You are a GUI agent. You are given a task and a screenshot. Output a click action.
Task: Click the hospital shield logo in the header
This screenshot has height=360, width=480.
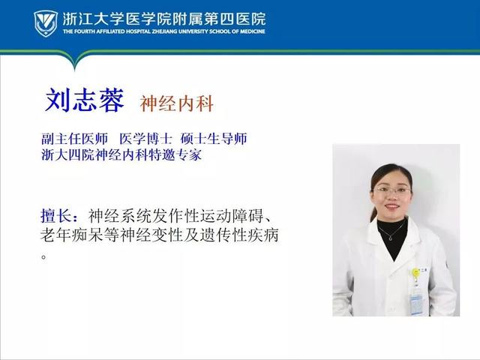[46, 23]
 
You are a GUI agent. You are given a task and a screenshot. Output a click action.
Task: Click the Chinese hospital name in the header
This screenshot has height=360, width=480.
[164, 19]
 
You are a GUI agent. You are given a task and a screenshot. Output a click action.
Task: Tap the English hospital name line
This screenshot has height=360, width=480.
[164, 31]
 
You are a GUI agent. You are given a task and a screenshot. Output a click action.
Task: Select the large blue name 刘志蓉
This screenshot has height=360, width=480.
[85, 100]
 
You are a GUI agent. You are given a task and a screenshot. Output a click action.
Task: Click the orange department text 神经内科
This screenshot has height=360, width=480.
[177, 103]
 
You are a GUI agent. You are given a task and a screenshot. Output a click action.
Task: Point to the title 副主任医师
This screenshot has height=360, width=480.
[75, 139]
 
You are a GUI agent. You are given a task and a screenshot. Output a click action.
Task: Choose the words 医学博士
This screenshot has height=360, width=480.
[145, 139]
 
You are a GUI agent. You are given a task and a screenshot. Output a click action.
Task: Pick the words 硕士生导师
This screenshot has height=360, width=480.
[214, 139]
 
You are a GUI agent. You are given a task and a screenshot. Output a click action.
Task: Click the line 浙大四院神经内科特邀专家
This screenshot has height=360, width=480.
[121, 155]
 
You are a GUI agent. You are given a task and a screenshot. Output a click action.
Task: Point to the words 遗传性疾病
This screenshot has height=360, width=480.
[239, 235]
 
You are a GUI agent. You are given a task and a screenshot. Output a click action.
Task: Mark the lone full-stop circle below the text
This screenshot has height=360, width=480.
[43, 256]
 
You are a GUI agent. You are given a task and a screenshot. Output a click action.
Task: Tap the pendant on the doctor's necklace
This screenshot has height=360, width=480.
[391, 238]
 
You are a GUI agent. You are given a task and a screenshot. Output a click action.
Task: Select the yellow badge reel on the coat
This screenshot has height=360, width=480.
[415, 272]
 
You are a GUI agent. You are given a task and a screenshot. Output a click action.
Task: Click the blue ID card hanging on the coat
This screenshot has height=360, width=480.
[416, 300]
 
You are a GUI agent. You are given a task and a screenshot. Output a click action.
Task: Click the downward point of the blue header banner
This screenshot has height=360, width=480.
[75, 70]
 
